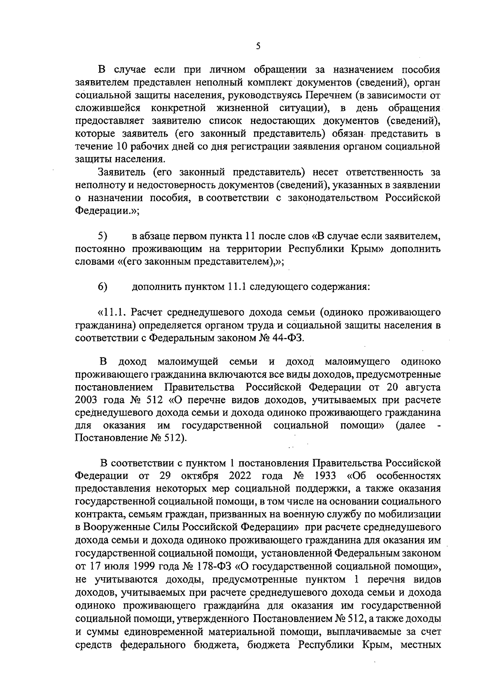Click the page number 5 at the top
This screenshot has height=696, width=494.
click(258, 46)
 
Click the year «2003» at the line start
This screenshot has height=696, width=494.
click(88, 400)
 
